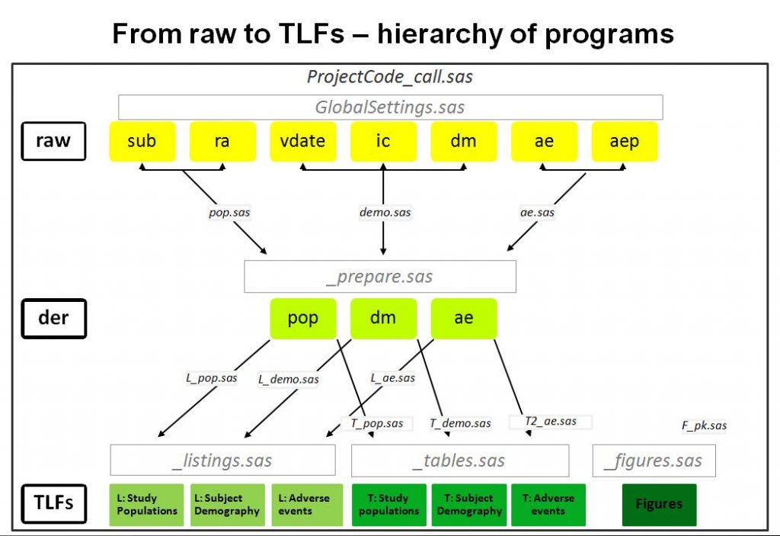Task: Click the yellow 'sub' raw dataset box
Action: (x=142, y=141)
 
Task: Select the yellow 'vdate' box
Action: (x=303, y=141)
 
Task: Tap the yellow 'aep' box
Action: (x=625, y=141)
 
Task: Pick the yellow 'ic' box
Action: (x=383, y=141)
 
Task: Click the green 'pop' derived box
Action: (x=303, y=318)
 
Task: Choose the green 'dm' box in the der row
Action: (x=383, y=318)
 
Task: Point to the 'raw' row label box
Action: (x=53, y=141)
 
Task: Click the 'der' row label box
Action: (x=53, y=318)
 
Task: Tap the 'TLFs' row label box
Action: (x=53, y=504)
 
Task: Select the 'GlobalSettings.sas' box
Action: (x=390, y=108)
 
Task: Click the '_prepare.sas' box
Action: (x=379, y=277)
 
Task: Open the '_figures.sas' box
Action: (x=654, y=461)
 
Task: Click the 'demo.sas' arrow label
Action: (x=385, y=213)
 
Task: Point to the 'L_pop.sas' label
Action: (x=212, y=377)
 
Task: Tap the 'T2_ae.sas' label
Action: (x=550, y=421)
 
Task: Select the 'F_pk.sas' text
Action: (x=704, y=425)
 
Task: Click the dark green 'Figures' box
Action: (x=659, y=504)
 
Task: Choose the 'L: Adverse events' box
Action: (x=307, y=504)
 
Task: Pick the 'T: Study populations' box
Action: (x=388, y=504)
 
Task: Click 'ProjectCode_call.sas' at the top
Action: (x=390, y=77)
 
